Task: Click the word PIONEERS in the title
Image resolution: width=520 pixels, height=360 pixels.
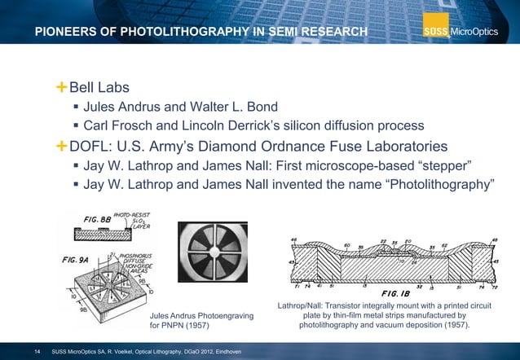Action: click(x=67, y=32)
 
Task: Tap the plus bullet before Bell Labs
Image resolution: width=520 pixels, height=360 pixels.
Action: click(x=62, y=86)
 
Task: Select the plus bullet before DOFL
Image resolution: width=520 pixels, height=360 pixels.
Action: click(x=62, y=147)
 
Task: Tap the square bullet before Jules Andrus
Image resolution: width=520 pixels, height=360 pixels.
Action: click(x=76, y=107)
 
